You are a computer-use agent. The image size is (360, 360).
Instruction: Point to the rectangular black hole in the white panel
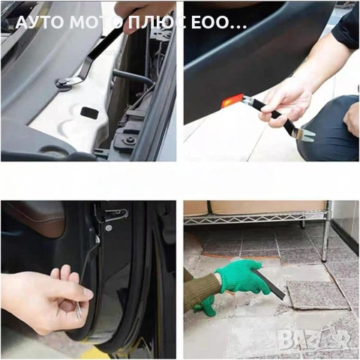[x=88, y=112]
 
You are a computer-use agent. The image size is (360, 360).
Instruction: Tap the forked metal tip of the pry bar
[x=305, y=135]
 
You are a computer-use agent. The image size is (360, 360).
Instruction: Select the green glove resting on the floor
[x=205, y=307]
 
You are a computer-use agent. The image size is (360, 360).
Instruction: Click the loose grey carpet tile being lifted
[x=317, y=295]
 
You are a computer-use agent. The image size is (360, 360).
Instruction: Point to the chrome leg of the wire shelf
[x=326, y=235]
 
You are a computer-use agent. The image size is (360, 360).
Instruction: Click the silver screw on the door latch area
[x=108, y=228]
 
